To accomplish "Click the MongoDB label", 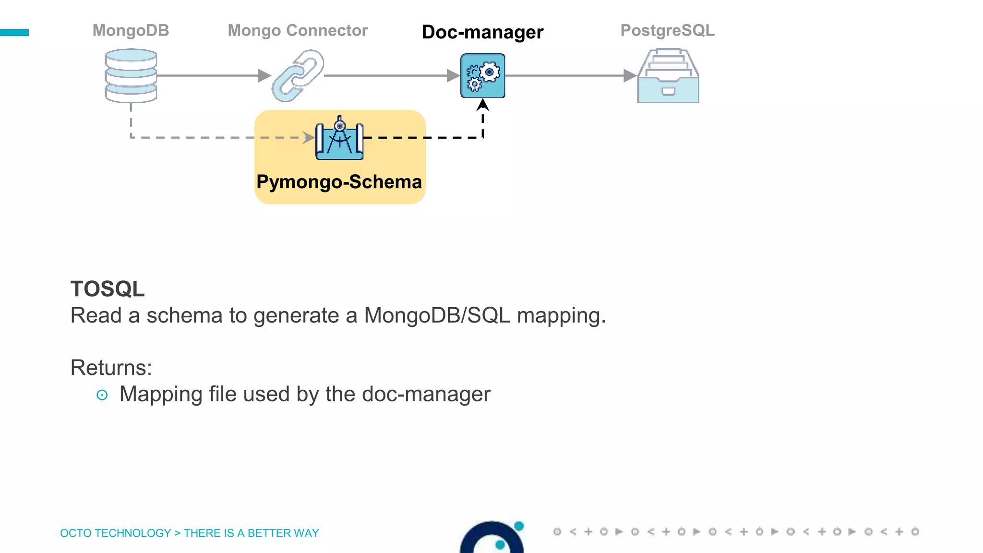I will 131,30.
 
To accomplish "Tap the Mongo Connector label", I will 298,30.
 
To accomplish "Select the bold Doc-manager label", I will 482,32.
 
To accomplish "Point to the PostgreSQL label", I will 667,30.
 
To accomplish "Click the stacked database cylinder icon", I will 131,75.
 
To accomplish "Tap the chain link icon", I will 298,75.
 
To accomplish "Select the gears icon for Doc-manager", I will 482,75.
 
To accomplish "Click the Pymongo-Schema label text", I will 339,182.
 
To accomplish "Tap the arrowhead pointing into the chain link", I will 264,75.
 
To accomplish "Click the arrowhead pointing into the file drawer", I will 630,75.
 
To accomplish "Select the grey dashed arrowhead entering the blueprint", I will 308,138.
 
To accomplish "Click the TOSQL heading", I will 108,289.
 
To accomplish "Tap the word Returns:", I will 111,368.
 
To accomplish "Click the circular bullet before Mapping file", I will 102,395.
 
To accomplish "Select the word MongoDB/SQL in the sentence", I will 436,315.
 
